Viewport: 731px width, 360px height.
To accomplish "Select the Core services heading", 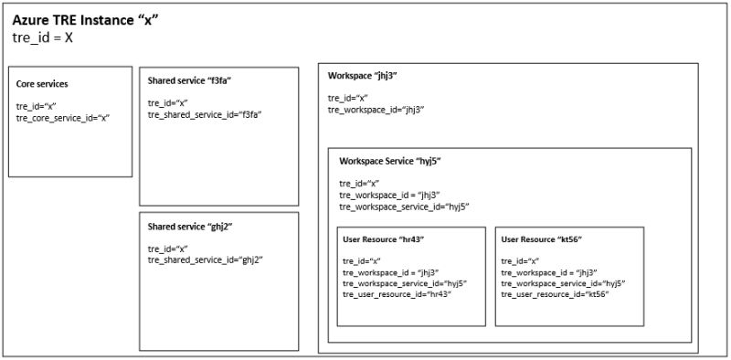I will [42, 84].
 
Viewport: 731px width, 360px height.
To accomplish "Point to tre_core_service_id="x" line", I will [63, 117].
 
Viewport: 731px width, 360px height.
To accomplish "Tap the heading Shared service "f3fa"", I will [189, 81].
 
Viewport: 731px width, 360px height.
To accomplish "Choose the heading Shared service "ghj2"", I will [189, 226].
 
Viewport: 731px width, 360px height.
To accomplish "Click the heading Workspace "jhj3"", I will [363, 76].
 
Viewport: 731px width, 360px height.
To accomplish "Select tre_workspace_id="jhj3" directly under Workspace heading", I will [376, 110].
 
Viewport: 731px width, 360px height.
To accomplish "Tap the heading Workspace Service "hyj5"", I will [390, 161].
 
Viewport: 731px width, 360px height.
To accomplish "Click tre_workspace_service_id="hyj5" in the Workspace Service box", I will [404, 206].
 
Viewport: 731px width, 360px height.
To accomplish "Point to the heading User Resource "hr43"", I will [384, 239].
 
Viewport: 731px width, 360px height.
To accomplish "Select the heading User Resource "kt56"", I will [542, 239].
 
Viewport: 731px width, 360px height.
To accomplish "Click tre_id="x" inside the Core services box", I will [36, 106].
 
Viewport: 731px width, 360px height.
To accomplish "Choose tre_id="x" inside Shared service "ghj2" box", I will [167, 249].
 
